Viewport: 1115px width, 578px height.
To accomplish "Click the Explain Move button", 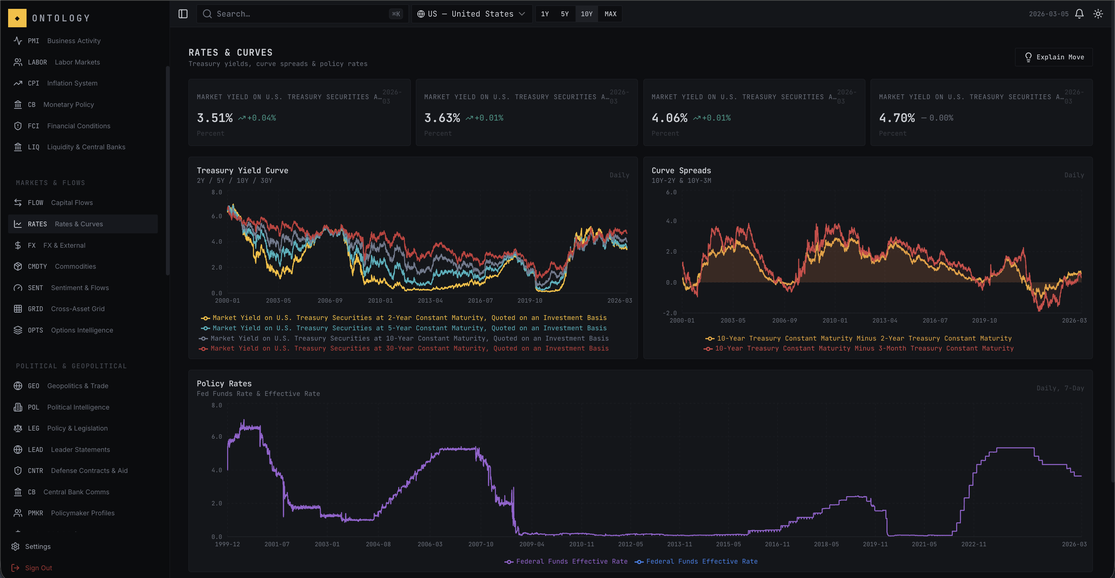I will click(x=1054, y=57).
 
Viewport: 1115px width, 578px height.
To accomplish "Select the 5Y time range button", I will click(x=565, y=14).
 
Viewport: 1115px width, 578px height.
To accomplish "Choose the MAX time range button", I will click(x=610, y=14).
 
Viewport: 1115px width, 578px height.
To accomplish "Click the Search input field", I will click(x=301, y=14).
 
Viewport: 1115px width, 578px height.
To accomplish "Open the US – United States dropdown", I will click(x=471, y=14).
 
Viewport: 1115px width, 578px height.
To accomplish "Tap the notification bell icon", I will click(x=1079, y=14).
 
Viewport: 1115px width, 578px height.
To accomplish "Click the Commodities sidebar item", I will click(x=75, y=267).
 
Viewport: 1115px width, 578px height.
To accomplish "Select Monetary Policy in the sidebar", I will click(x=68, y=105).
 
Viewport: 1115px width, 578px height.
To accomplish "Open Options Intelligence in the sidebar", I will click(x=82, y=330).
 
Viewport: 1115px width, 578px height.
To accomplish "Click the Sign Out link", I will click(x=38, y=568).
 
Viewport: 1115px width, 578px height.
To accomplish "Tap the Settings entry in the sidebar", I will click(x=38, y=546).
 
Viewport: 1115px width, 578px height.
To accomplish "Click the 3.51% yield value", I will click(x=215, y=118).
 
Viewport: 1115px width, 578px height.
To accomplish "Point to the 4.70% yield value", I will click(x=896, y=118).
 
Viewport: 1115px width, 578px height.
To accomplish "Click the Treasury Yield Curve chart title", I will click(x=242, y=170).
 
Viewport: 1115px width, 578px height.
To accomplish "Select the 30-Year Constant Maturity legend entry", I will click(x=409, y=348).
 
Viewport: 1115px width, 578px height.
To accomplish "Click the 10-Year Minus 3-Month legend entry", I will click(x=864, y=348).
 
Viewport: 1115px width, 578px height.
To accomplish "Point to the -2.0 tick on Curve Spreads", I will click(x=670, y=313).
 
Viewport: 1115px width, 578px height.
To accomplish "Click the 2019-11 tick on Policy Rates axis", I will click(x=875, y=544).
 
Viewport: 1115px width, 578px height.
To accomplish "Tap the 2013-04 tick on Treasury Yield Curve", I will click(x=430, y=301).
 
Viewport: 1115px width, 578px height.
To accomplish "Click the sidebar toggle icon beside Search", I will click(x=183, y=14).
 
